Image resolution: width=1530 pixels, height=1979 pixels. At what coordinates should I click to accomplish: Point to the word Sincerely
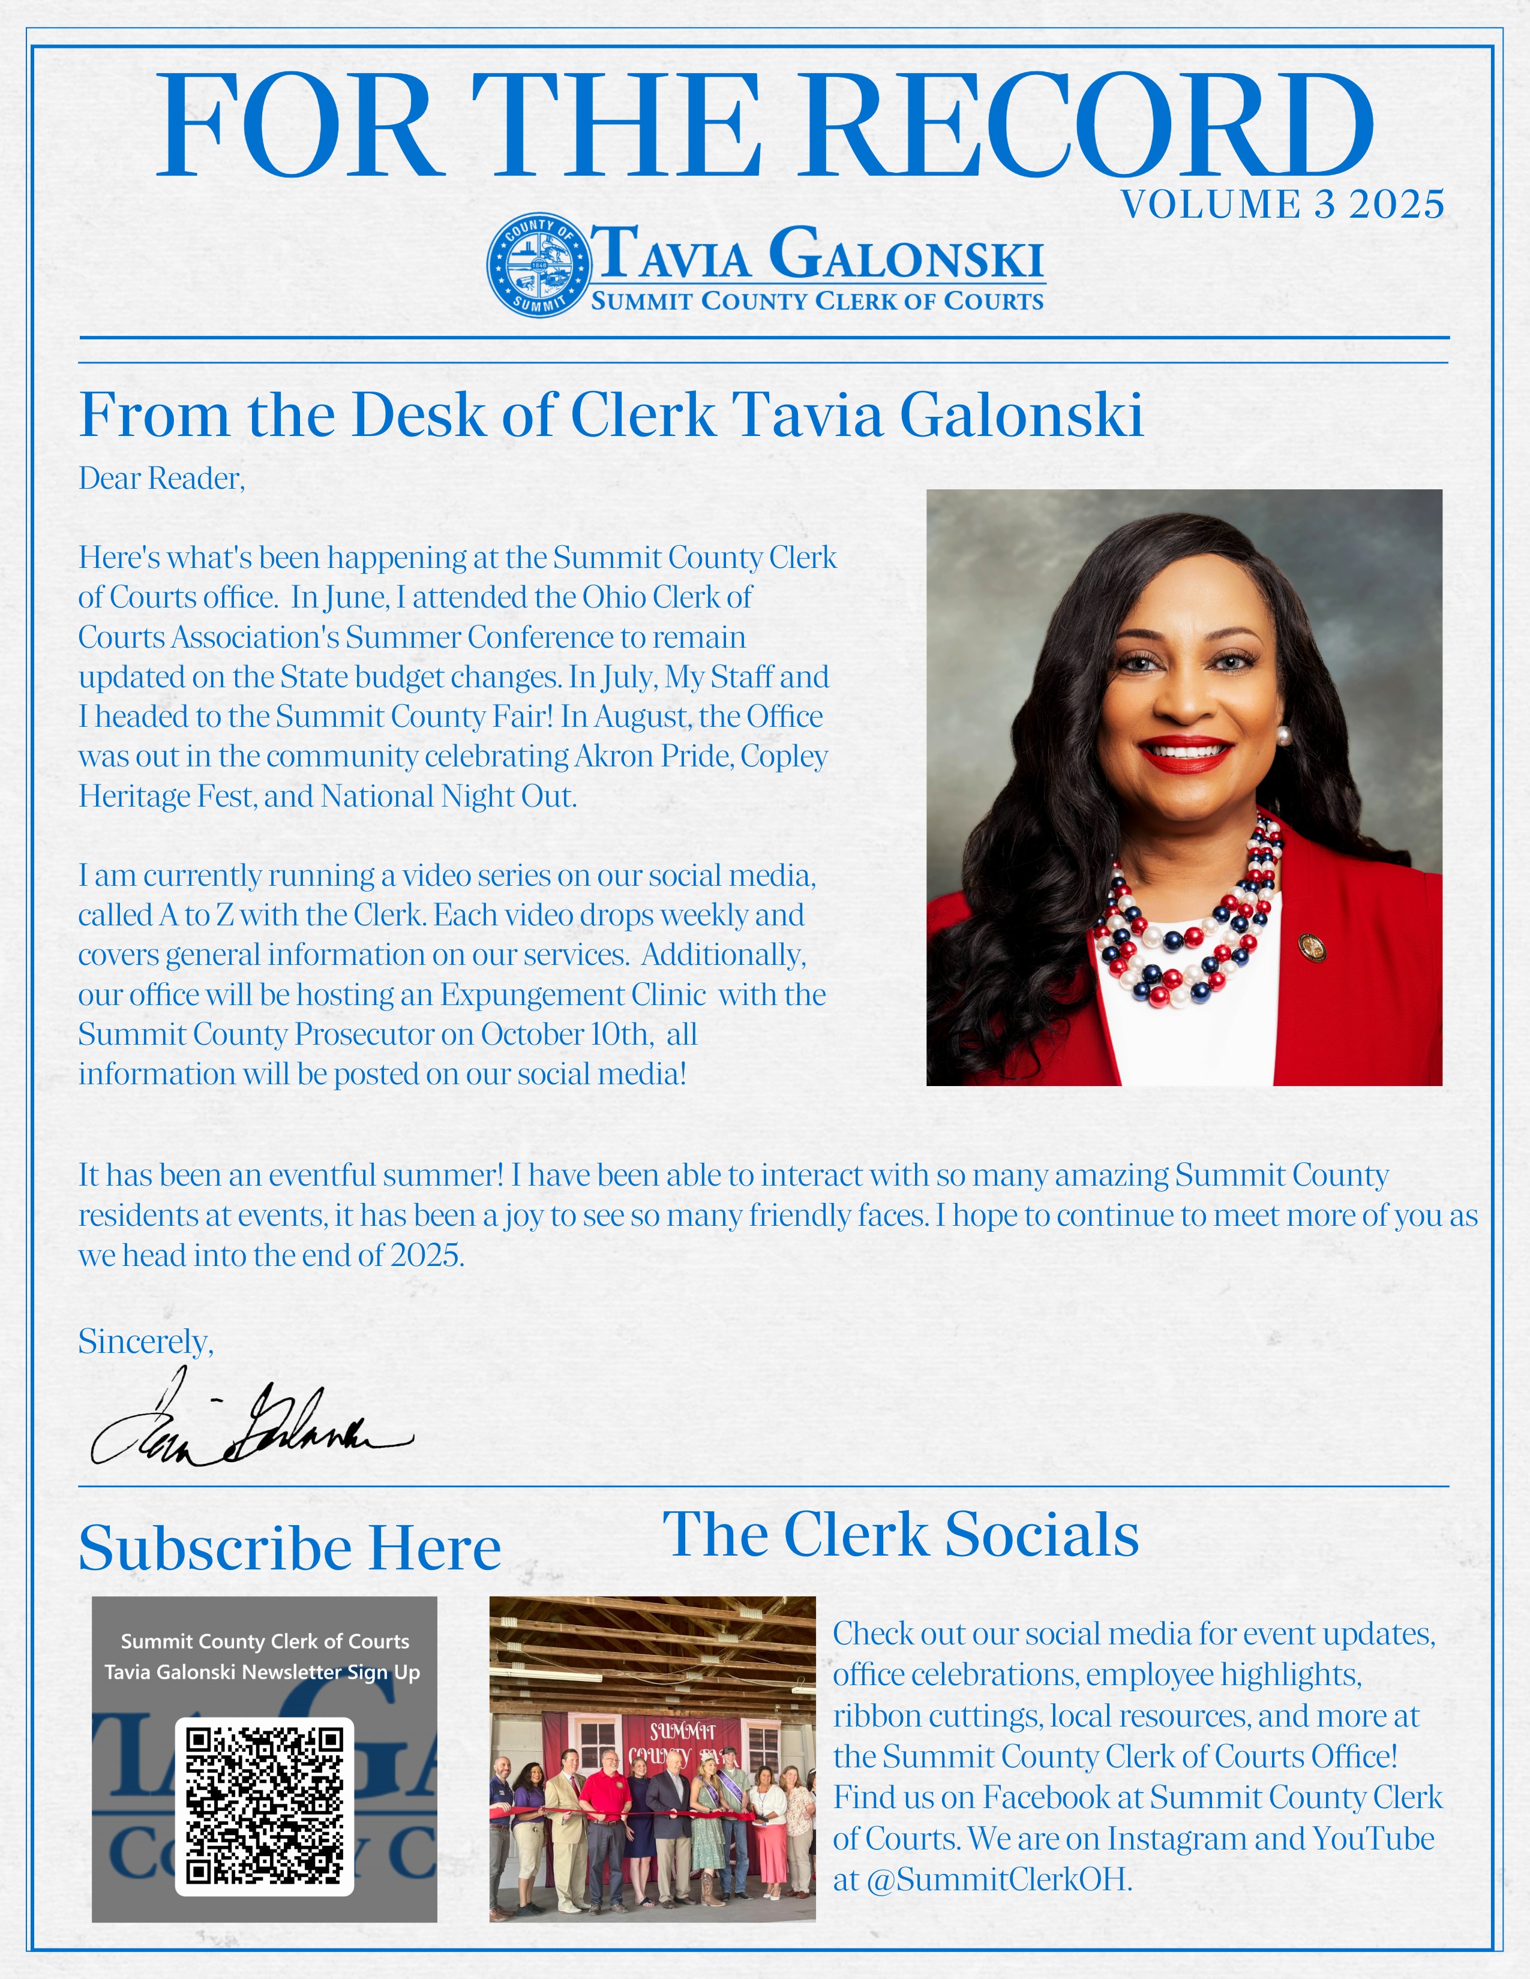pos(145,1341)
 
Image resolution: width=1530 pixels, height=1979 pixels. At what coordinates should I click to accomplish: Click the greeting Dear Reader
pos(161,479)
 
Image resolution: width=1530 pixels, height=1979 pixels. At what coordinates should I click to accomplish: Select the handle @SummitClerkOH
pos(998,1879)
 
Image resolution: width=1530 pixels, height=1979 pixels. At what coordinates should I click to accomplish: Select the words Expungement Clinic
pos(573,995)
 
